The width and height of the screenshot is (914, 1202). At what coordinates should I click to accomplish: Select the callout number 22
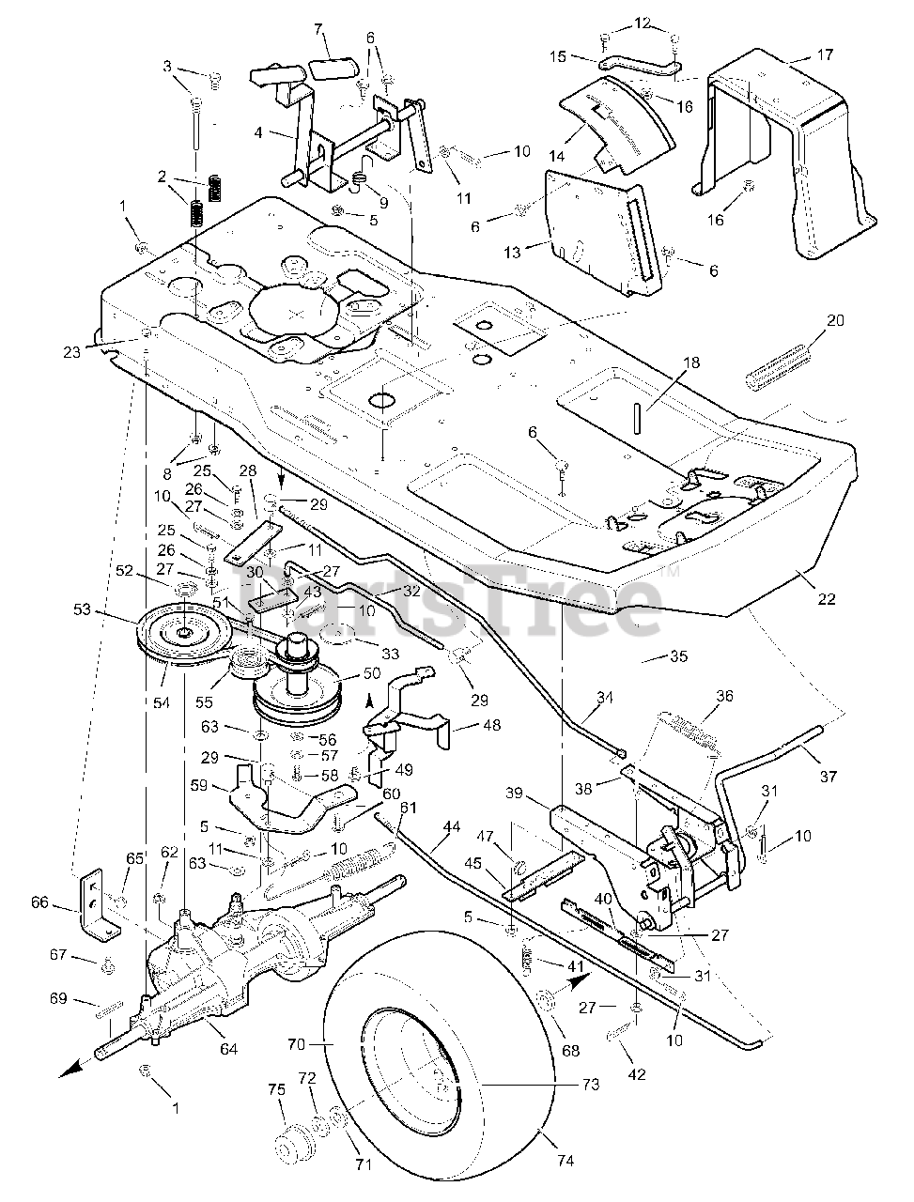tap(801, 599)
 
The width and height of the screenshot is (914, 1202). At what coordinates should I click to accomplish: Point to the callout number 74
tap(565, 1161)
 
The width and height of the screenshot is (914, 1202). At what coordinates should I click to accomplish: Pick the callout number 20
tap(835, 320)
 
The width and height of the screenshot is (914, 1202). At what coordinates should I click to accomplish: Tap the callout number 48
tap(491, 725)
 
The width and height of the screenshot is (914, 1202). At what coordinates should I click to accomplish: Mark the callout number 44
tap(452, 825)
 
